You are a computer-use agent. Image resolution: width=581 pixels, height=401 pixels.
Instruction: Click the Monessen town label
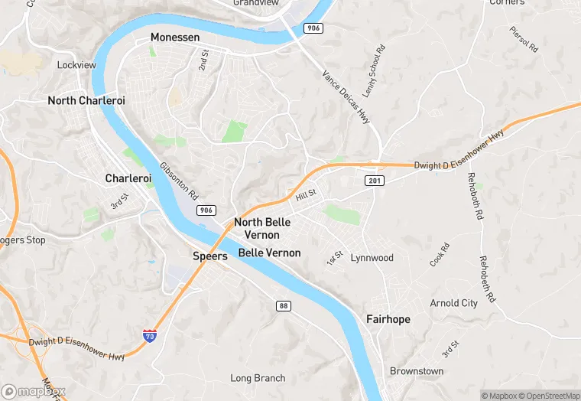tap(174, 37)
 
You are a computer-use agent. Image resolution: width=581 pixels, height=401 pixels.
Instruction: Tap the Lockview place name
tap(76, 65)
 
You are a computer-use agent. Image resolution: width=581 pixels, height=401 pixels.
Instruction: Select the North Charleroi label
tap(86, 100)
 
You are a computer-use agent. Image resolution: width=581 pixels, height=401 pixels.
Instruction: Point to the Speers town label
tap(209, 256)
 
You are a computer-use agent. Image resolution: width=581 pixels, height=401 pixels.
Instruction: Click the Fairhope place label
tap(388, 319)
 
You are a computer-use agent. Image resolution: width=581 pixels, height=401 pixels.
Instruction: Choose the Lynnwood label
tap(372, 258)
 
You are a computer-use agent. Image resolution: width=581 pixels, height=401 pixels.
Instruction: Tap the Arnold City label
tap(453, 303)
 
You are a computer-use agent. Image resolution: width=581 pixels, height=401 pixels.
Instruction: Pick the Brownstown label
tap(417, 371)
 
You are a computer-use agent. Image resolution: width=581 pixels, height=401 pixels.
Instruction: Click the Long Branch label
tap(258, 378)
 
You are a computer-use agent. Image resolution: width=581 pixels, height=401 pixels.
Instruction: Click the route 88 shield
tap(283, 305)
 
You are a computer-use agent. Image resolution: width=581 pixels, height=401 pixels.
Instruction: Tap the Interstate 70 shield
tap(150, 335)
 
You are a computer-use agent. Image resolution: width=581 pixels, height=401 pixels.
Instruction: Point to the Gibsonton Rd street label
tap(178, 181)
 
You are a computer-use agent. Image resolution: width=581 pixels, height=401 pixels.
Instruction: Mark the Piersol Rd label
tap(524, 41)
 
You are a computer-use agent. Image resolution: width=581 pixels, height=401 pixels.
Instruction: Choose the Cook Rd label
tap(440, 255)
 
